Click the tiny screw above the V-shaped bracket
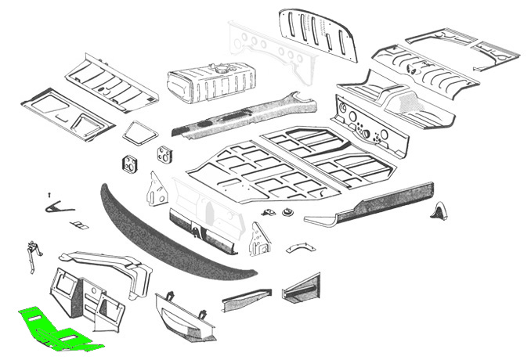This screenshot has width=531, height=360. point(49,193)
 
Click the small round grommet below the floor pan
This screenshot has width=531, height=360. point(287,212)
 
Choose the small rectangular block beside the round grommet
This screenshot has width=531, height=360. point(269,212)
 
